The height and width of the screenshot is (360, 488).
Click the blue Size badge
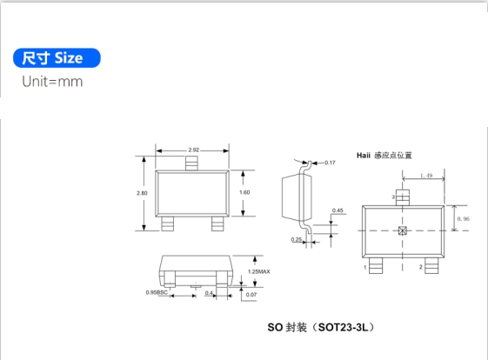[57, 58]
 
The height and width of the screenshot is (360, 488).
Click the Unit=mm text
[52, 82]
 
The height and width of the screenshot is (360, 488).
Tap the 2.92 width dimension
[194, 150]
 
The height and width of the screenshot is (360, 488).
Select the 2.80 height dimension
[142, 193]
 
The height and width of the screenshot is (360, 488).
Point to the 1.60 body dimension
[244, 192]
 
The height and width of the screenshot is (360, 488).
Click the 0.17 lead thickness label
[330, 163]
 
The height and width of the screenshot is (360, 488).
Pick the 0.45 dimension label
[338, 210]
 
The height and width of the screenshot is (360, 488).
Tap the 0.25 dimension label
[297, 239]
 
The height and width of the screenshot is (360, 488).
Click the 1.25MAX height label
[259, 271]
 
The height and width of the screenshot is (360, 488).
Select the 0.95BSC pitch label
[157, 292]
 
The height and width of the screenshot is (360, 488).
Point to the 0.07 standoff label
[251, 295]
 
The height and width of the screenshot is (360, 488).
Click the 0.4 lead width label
[209, 293]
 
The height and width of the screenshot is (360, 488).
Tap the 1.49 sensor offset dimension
[426, 176]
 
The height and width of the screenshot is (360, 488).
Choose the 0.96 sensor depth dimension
[463, 219]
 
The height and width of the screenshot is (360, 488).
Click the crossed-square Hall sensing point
[403, 230]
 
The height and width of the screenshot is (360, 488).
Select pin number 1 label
[365, 267]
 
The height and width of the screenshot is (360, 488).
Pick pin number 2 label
[421, 267]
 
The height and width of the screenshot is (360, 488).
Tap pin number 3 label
[393, 197]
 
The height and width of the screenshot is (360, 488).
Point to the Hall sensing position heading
[384, 156]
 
